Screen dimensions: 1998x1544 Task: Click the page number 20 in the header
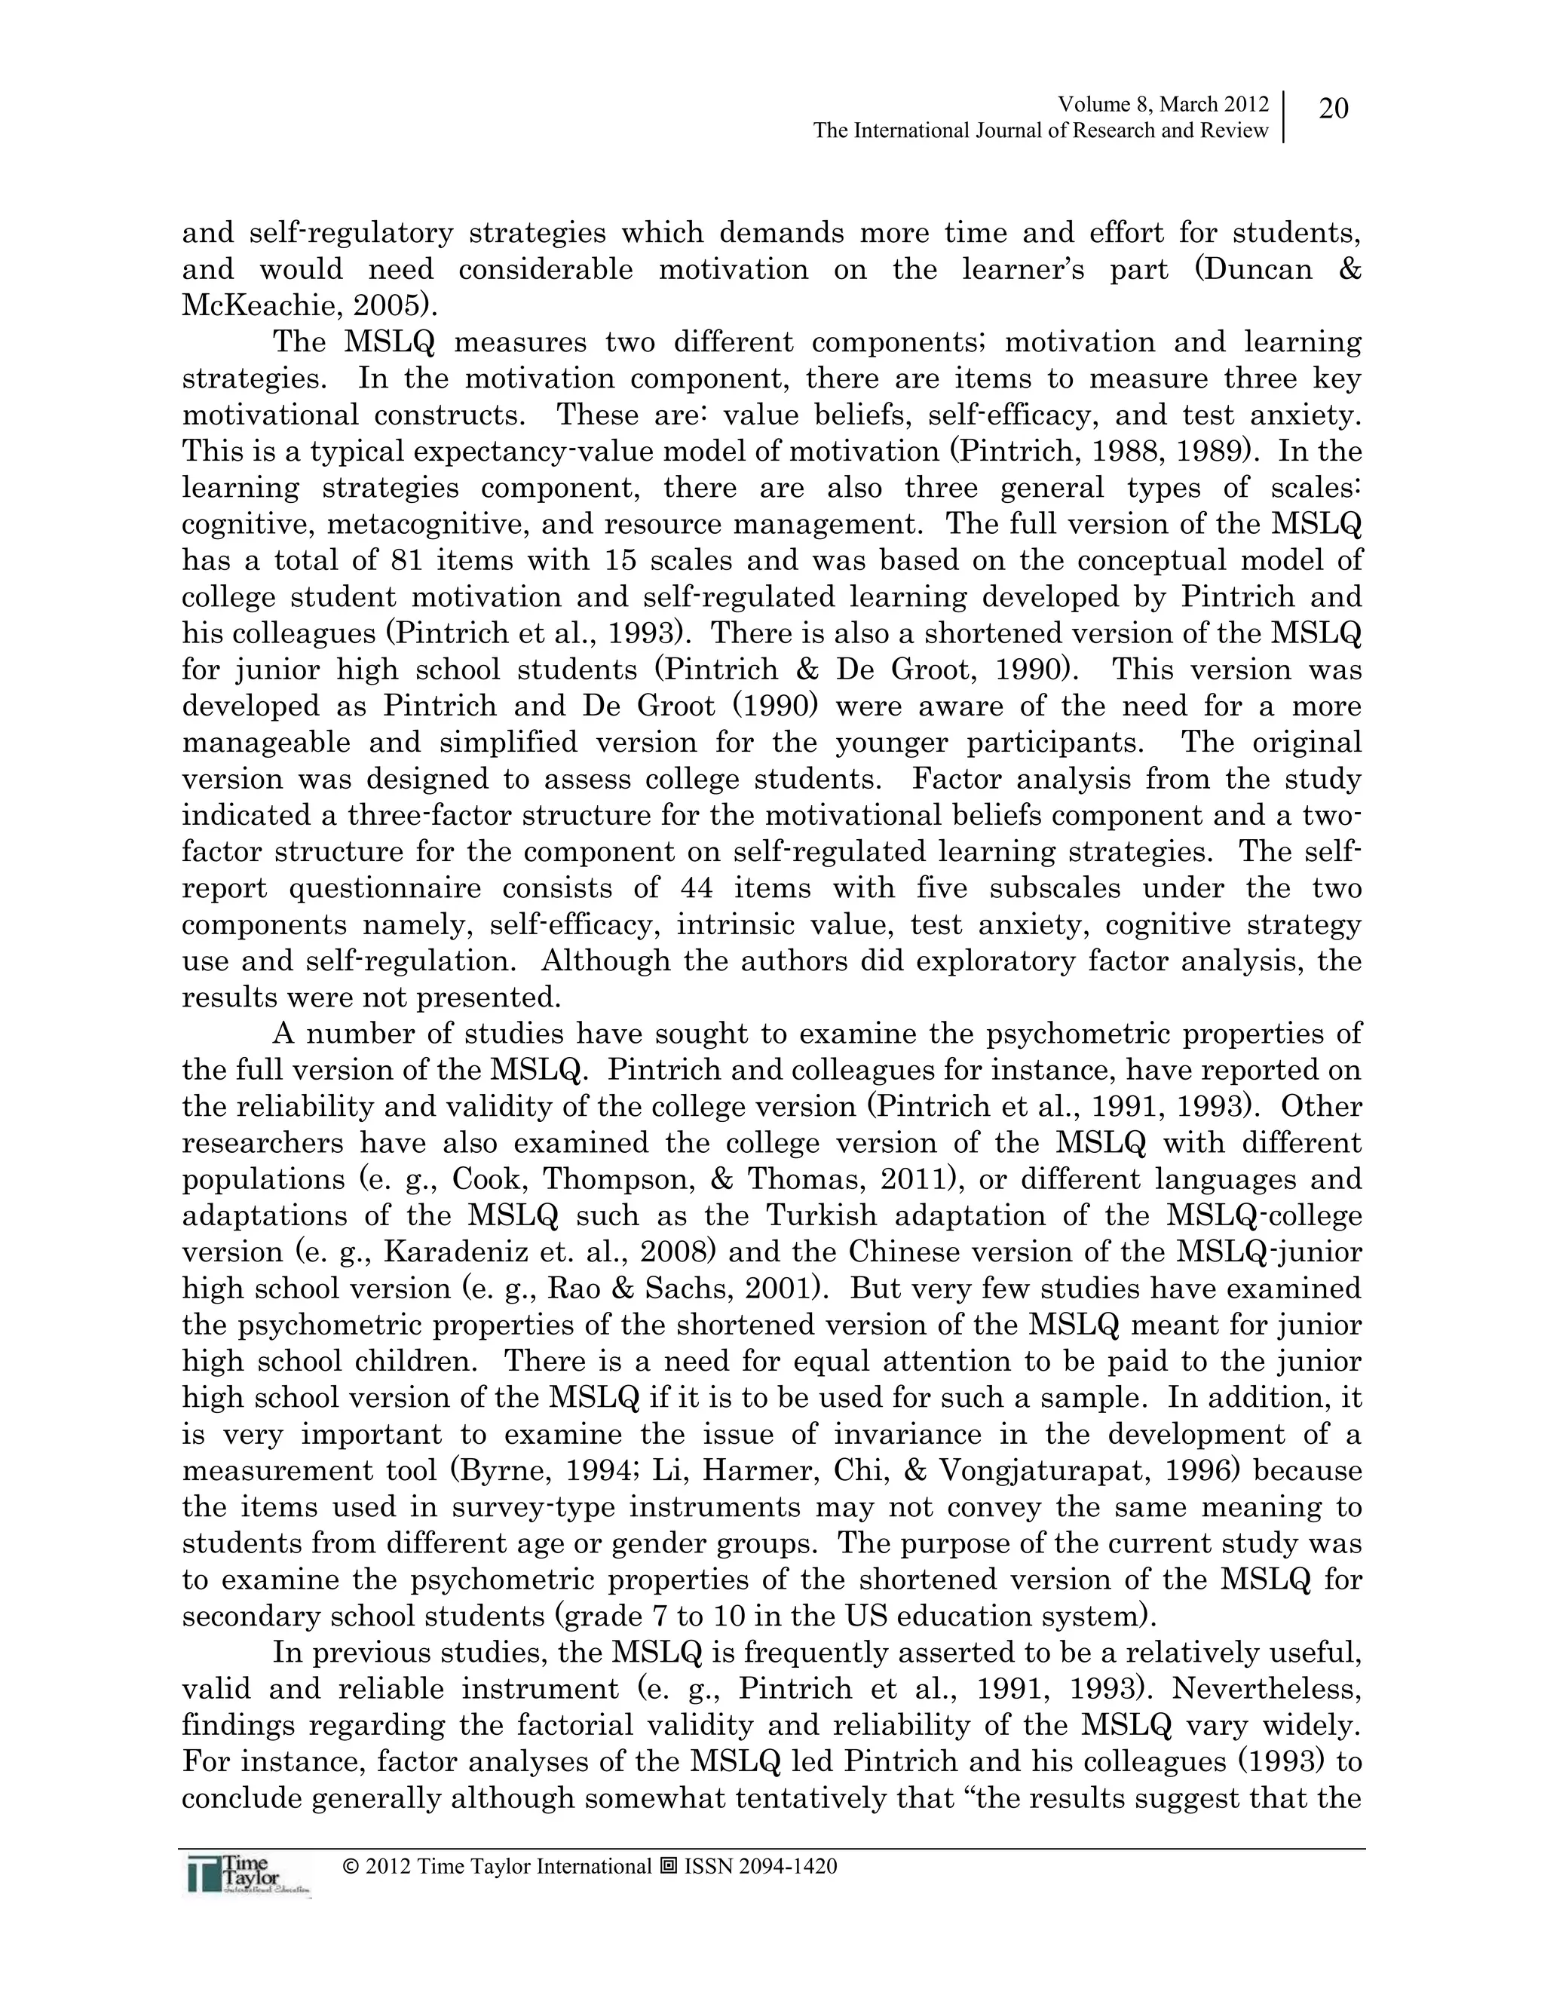(1334, 109)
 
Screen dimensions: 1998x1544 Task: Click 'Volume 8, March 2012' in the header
(1163, 104)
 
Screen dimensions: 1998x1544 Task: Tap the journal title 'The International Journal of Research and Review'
(1041, 131)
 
